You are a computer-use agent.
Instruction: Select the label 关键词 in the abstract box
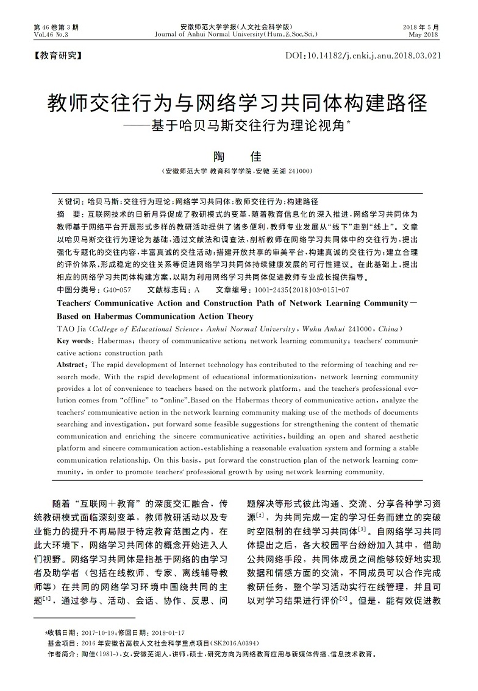pyautogui.click(x=68, y=200)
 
